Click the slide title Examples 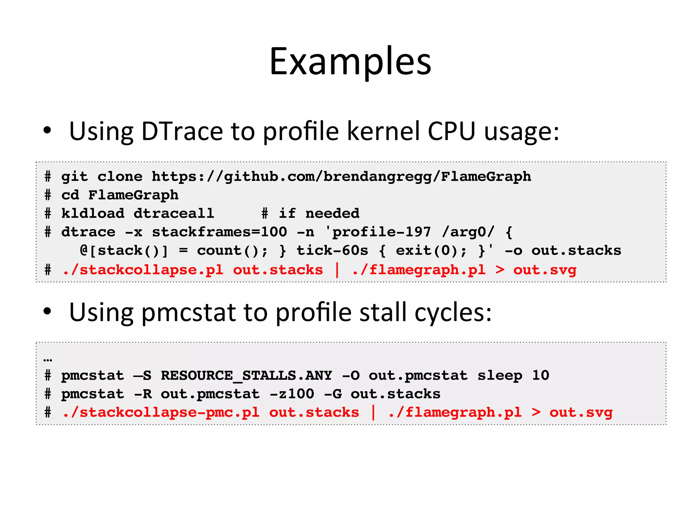coord(350,62)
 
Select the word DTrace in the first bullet coord(182,131)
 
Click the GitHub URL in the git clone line coord(341,177)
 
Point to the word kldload coord(93,214)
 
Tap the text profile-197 coord(381,232)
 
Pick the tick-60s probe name coord(332,251)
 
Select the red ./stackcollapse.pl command coord(143,270)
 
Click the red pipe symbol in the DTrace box coord(337,270)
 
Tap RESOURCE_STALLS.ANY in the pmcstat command coord(246,376)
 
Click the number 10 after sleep coord(540,376)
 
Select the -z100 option coord(292,394)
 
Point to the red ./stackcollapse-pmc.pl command coord(161,413)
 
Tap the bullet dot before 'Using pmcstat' coord(47,311)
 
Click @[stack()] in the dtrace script coord(124,251)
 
